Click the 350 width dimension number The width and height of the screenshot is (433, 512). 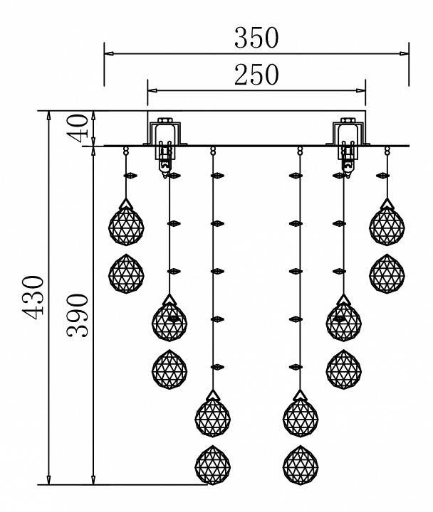[256, 38]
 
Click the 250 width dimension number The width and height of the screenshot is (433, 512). [256, 75]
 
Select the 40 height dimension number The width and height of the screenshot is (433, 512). [80, 128]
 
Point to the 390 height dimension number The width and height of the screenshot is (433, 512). [77, 316]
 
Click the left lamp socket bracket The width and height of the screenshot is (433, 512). [165, 133]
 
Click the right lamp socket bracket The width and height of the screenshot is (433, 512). [348, 133]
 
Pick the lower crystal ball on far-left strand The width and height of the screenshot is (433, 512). [126, 274]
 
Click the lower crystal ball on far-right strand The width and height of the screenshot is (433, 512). [387, 274]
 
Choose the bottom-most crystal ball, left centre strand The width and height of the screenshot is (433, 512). [213, 465]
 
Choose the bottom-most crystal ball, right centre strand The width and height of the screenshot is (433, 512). [301, 465]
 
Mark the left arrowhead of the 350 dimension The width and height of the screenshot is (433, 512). [109, 53]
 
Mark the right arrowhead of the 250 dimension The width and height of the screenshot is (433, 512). [361, 90]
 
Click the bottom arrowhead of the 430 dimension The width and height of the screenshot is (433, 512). [49, 480]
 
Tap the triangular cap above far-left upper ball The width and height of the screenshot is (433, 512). [126, 204]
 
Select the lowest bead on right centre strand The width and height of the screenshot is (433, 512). [296, 367]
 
